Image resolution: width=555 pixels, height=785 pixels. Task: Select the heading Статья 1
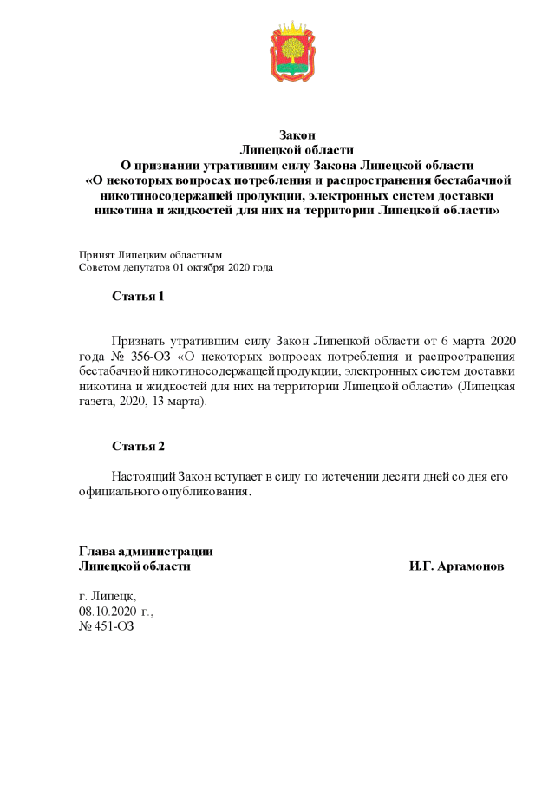(x=138, y=297)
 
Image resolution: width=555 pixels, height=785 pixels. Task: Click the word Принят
(x=96, y=256)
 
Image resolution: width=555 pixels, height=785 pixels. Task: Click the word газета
(x=97, y=402)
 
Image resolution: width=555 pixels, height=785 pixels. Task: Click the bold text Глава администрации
(x=146, y=551)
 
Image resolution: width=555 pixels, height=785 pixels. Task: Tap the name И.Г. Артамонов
(x=456, y=566)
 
